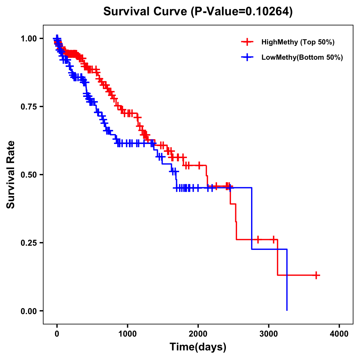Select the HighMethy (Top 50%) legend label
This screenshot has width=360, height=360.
pos(298,42)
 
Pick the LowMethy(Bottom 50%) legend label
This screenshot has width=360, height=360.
pos(302,57)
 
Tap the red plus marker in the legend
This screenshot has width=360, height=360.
pos(247,42)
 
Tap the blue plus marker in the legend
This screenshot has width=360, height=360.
pos(247,57)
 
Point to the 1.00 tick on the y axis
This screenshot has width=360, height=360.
pos(28,39)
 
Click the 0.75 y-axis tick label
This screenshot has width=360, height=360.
pos(28,107)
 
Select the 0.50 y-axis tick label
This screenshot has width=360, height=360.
pos(28,175)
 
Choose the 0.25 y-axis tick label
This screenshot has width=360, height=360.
pos(28,243)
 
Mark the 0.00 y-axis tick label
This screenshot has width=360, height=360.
pos(28,311)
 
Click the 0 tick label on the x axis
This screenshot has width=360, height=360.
pos(57,334)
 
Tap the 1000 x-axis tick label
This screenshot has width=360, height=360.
pos(127,334)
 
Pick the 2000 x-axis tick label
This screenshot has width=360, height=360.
pos(198,334)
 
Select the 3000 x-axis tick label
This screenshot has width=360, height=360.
pos(269,334)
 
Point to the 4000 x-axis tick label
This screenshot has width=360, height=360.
pos(339,334)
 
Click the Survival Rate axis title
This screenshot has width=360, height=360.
pos(11,175)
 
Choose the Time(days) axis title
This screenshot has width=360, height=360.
pos(198,347)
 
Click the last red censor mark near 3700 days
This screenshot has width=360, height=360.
pos(316,275)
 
